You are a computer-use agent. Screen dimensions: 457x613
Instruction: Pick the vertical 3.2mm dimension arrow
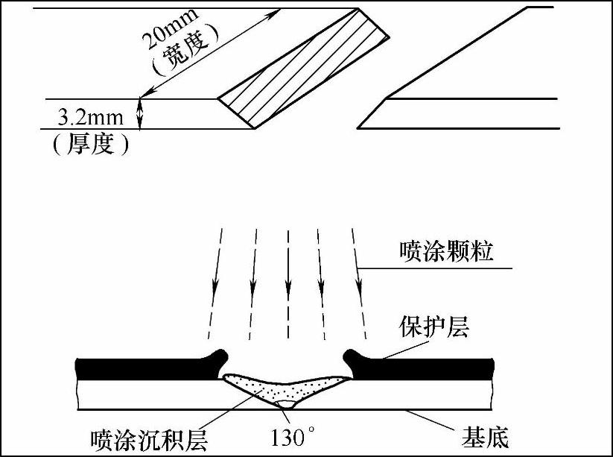point(139,113)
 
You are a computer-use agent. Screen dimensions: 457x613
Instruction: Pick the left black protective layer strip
point(149,366)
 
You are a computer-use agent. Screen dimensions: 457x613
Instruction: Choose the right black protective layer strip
point(425,366)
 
